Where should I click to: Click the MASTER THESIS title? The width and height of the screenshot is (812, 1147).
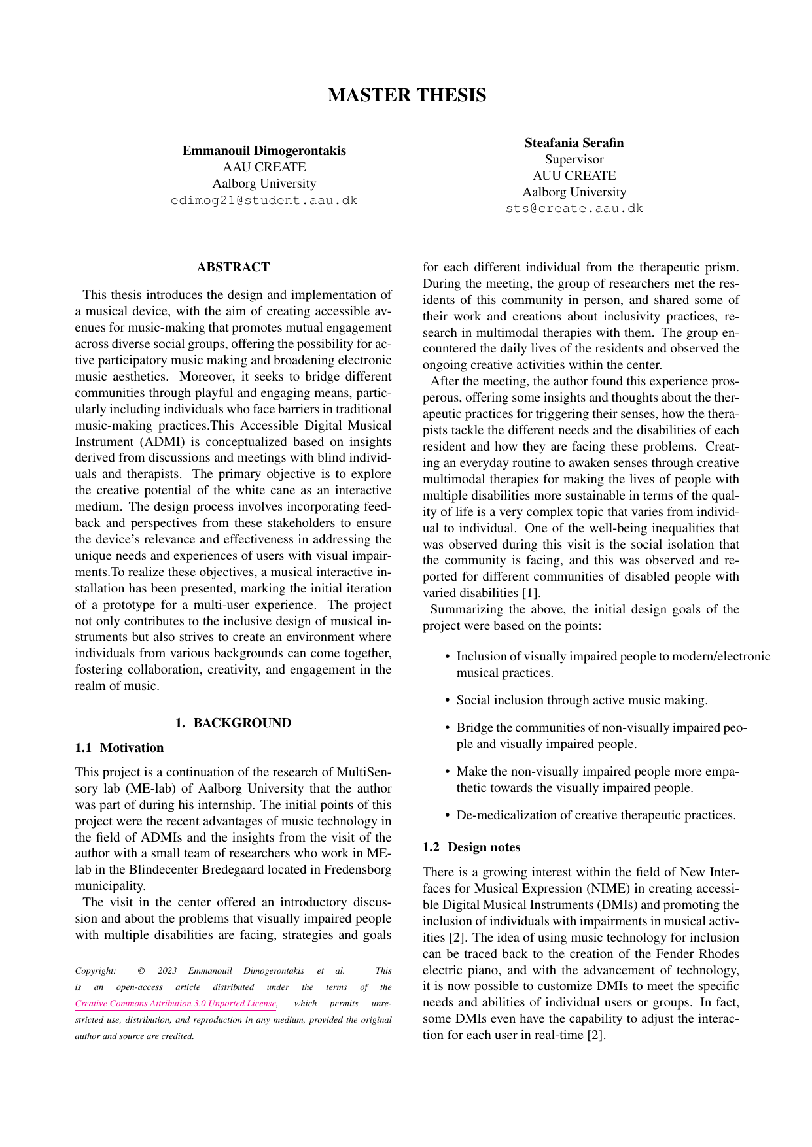tap(406, 95)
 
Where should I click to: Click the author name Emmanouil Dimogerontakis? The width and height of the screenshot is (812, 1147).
tap(264, 151)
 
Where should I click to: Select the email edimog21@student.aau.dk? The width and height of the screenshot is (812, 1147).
tap(264, 200)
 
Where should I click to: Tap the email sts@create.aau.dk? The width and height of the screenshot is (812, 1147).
tap(574, 209)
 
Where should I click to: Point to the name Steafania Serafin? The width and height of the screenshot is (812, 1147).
tap(574, 143)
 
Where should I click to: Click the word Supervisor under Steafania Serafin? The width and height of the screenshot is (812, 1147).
tap(574, 159)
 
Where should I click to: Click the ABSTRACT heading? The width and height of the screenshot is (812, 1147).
tap(233, 267)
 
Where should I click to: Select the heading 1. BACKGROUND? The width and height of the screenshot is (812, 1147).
tap(233, 723)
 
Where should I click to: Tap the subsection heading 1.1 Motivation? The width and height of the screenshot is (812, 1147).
tap(119, 747)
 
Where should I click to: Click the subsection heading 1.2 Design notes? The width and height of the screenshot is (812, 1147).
tap(471, 847)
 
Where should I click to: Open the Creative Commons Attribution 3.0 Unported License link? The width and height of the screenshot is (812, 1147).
tap(175, 1003)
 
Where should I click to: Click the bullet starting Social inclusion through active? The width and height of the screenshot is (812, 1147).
tap(581, 700)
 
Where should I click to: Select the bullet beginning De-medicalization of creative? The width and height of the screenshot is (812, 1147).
tap(595, 815)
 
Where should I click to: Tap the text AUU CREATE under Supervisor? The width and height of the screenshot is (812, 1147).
tap(574, 175)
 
